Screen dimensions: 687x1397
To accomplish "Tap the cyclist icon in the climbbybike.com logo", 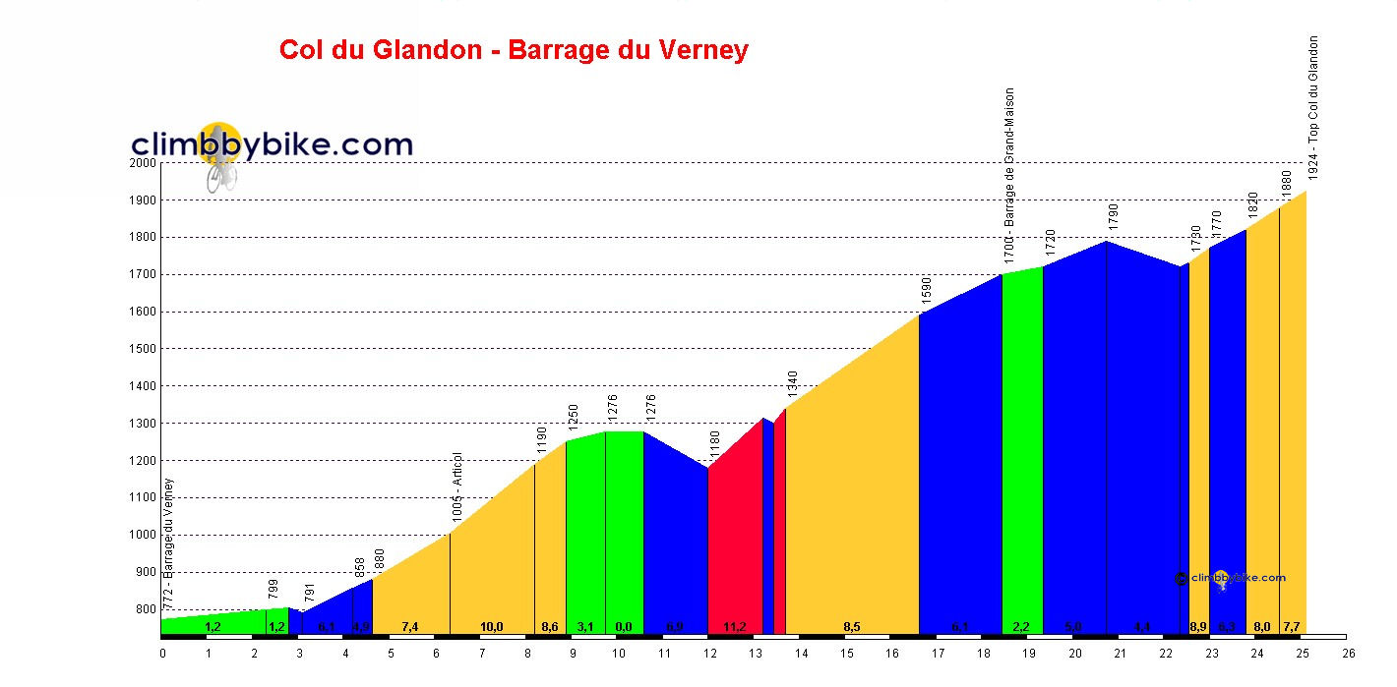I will [220, 167].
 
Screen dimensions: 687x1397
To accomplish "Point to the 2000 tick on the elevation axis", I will [144, 163].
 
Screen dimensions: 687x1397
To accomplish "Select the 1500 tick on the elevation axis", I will [144, 349].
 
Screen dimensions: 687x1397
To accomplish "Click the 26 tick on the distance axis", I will [1349, 652].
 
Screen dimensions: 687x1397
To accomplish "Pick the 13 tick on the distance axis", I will [756, 652].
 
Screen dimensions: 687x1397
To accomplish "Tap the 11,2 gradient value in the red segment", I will [734, 627].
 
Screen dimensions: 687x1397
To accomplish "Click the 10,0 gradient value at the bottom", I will [491, 627].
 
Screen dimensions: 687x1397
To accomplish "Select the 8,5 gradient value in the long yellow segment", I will [852, 627].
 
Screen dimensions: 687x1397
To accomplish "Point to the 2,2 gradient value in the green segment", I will [1021, 627].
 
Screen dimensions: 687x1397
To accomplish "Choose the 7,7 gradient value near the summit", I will [1292, 627].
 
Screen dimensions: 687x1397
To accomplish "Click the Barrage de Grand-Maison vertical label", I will [1009, 174].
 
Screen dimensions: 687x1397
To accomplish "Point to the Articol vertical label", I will [456, 487].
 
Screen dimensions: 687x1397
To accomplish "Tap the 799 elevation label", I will [273, 590].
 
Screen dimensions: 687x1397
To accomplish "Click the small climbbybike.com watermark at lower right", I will [1231, 579].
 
